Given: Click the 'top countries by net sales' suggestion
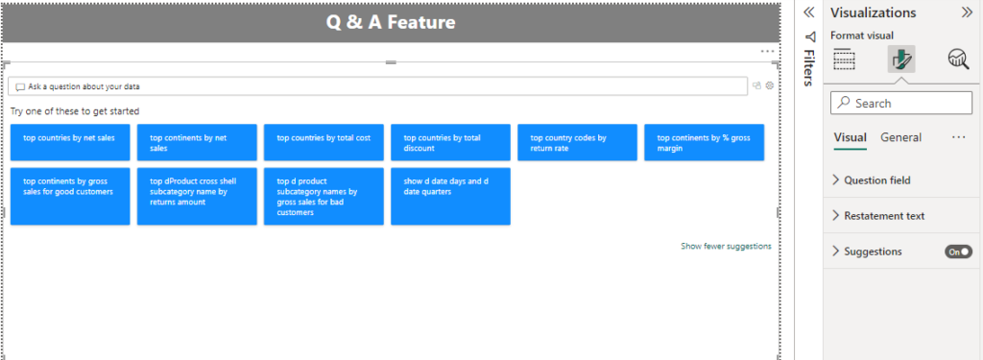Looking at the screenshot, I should click(x=70, y=142).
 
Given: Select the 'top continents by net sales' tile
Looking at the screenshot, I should click(x=197, y=142).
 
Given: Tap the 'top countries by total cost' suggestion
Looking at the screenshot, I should click(x=324, y=142).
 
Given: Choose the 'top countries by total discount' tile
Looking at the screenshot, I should click(x=450, y=142).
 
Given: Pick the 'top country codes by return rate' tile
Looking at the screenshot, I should click(x=577, y=142).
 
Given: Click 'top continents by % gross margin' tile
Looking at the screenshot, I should click(x=704, y=142).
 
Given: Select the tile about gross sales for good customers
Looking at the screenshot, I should click(x=70, y=196).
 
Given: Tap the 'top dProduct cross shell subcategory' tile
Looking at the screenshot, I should click(x=197, y=196).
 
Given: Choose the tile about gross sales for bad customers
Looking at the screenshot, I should click(x=324, y=196).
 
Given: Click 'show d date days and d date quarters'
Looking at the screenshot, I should click(x=450, y=196).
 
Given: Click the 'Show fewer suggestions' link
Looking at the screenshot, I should click(x=726, y=247).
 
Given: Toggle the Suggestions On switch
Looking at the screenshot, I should click(x=958, y=252).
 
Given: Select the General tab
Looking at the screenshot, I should click(x=900, y=137).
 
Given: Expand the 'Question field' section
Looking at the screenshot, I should click(x=876, y=180).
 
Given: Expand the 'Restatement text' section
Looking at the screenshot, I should click(x=883, y=216).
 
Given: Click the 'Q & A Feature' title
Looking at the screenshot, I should click(x=390, y=21).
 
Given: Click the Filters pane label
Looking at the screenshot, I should click(x=808, y=70).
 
